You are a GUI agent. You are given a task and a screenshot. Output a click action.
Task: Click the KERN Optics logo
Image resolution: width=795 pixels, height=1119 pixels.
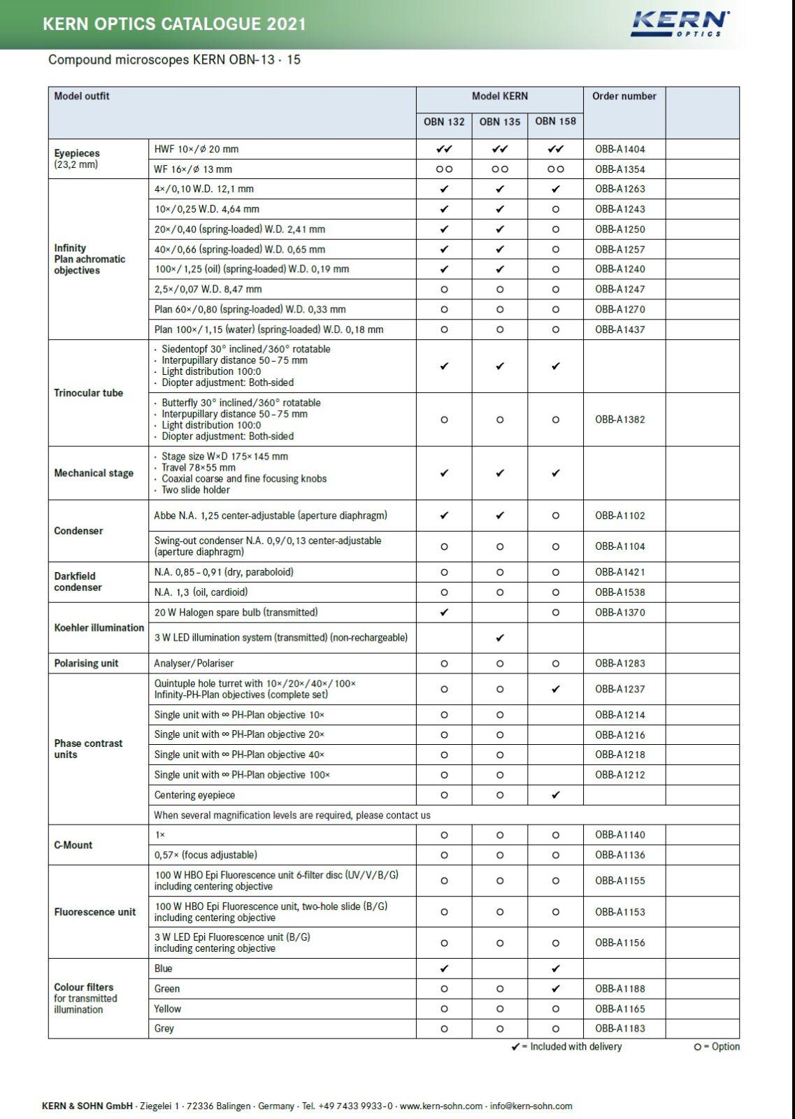click(680, 24)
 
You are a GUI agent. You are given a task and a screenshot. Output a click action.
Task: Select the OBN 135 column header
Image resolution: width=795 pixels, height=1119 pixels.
click(499, 122)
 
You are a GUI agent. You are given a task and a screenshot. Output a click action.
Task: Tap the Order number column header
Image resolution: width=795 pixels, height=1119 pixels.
click(624, 97)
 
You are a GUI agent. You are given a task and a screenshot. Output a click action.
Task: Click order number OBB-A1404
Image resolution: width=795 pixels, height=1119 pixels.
click(619, 149)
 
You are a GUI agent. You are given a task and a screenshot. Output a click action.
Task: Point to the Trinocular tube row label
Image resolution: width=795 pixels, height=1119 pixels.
click(88, 393)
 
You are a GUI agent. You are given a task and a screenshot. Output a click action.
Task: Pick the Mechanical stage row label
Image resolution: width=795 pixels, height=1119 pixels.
click(94, 473)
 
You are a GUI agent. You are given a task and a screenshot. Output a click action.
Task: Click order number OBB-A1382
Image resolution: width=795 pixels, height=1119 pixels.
click(619, 420)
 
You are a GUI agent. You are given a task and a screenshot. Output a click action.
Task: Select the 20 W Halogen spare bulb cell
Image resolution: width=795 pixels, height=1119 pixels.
click(236, 613)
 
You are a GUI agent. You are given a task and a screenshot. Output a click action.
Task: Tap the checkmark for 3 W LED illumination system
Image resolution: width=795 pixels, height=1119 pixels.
click(499, 638)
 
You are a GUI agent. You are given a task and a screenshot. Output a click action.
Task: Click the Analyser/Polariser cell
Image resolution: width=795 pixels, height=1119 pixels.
click(194, 663)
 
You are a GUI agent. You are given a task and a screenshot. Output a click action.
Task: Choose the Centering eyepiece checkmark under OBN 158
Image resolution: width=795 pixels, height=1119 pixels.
click(555, 795)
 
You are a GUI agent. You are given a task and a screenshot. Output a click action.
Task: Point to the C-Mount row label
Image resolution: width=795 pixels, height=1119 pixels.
click(73, 845)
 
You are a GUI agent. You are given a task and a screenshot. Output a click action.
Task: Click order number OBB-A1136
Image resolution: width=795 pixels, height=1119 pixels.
click(619, 855)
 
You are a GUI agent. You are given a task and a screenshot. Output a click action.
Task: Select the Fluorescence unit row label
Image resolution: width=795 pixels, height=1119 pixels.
click(95, 912)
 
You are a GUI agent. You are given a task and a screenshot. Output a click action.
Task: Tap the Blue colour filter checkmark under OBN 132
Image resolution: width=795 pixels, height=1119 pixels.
click(444, 969)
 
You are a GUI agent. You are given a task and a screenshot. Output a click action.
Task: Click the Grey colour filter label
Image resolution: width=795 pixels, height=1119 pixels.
click(164, 1029)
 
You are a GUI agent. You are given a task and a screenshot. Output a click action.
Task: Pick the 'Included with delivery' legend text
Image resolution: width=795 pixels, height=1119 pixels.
click(575, 1047)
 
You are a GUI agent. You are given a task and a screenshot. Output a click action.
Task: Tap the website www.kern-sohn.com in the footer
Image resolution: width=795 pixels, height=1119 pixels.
click(441, 1106)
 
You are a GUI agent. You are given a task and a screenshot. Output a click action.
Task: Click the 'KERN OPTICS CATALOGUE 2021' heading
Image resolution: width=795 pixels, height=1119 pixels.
click(174, 24)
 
